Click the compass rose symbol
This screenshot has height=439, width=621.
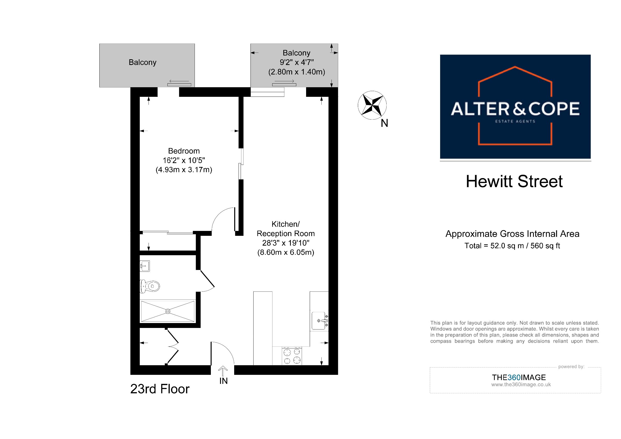point(372,105)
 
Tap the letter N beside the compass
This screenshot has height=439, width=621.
point(384,123)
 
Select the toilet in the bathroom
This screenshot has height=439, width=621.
point(150,286)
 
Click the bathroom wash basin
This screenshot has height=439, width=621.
point(145,266)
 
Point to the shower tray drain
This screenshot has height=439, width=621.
point(168,311)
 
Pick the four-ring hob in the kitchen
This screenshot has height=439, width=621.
point(292,356)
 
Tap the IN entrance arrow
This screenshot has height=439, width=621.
point(223,371)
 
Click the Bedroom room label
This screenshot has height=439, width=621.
point(184,151)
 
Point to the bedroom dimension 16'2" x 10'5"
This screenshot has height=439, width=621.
point(184,160)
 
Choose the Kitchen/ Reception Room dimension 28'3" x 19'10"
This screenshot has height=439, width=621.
point(286,243)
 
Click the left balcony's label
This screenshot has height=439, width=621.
point(143,62)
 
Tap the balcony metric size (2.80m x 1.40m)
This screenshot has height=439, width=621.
point(297,72)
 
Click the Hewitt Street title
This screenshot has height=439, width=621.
point(514,181)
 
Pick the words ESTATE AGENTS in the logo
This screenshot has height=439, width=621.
point(515,121)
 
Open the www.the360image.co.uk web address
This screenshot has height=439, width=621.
point(521,385)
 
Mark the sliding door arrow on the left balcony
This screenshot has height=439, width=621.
point(179,81)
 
